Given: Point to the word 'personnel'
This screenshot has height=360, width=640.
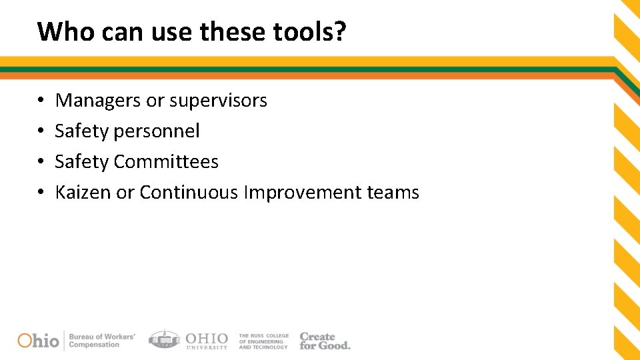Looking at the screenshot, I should (x=157, y=131).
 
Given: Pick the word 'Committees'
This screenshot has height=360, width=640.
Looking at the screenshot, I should (x=166, y=162).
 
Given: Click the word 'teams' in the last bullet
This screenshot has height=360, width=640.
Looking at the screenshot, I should (x=393, y=193).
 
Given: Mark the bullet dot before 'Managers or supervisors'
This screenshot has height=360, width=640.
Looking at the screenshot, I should (x=41, y=101).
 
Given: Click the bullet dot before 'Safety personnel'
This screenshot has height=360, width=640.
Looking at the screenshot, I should (x=41, y=132).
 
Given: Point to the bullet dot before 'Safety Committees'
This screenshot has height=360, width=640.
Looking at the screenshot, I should (x=41, y=163).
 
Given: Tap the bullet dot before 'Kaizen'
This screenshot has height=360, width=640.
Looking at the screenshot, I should (x=41, y=193).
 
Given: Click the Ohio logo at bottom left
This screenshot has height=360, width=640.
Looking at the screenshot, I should (x=38, y=340).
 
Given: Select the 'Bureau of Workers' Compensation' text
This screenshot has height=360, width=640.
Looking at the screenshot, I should (x=101, y=340).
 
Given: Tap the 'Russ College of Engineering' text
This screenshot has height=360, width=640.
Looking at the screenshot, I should (x=263, y=341).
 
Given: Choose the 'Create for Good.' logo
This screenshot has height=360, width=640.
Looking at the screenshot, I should (x=324, y=341).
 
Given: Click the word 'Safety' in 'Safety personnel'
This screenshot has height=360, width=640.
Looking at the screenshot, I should (x=81, y=131).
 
